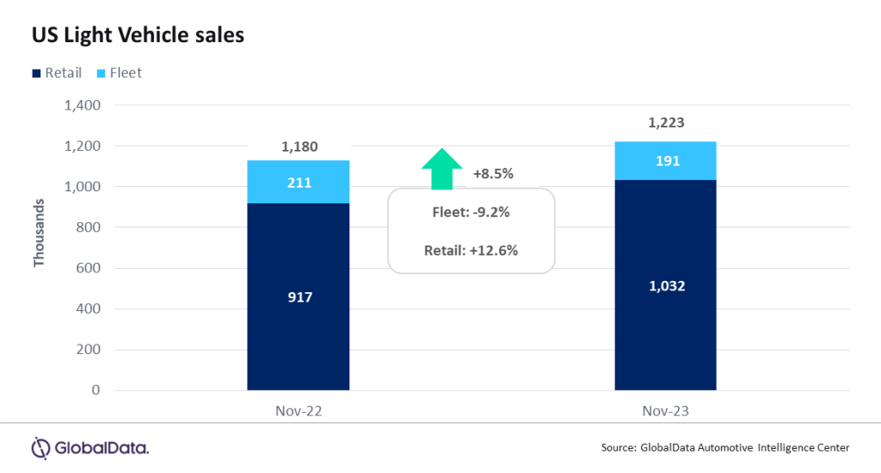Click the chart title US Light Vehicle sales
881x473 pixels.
pos(139,35)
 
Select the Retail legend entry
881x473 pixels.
pos(57,73)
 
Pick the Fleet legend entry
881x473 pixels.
pos(119,73)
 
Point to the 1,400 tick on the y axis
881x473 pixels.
pos(83,106)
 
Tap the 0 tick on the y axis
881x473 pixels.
pos(95,390)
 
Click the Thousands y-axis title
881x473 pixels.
pos(39,233)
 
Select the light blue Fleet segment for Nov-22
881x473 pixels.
pos(299,182)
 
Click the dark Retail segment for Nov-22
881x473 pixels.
pos(299,296)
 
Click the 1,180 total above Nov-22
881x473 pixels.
pos(299,146)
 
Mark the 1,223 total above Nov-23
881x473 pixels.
pos(666,124)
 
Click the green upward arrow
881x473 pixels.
pos(441,168)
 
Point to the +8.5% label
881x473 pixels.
pos(493,174)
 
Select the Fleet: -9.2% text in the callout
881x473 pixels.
pos(471,211)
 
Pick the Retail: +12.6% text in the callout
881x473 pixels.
pos(471,251)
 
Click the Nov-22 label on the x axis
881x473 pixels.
pos(299,412)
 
